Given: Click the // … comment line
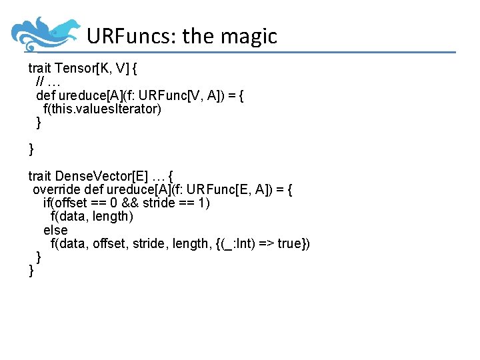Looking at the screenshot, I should (47, 81).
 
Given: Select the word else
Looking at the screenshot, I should (55, 230).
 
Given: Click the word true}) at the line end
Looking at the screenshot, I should (293, 244).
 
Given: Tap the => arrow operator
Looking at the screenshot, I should (265, 244).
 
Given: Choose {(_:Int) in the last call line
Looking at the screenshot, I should (235, 244).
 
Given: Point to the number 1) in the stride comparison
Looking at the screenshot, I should (203, 203).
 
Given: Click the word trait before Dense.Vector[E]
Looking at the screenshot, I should (39, 177).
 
